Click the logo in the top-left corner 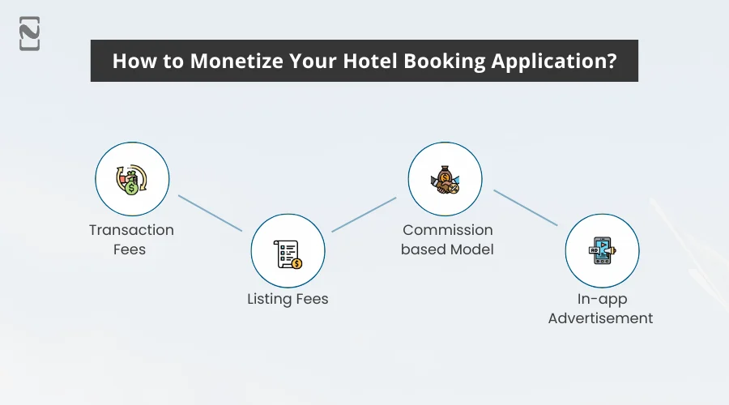[29, 33]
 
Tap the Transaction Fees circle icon [132, 179]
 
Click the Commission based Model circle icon [445, 179]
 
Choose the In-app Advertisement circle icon [602, 251]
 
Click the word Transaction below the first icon [131, 230]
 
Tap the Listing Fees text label [288, 299]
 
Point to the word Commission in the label [447, 230]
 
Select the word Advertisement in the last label [600, 318]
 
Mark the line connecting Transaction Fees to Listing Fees [210, 213]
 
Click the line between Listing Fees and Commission [364, 214]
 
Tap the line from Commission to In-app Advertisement [525, 208]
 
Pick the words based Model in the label [447, 249]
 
